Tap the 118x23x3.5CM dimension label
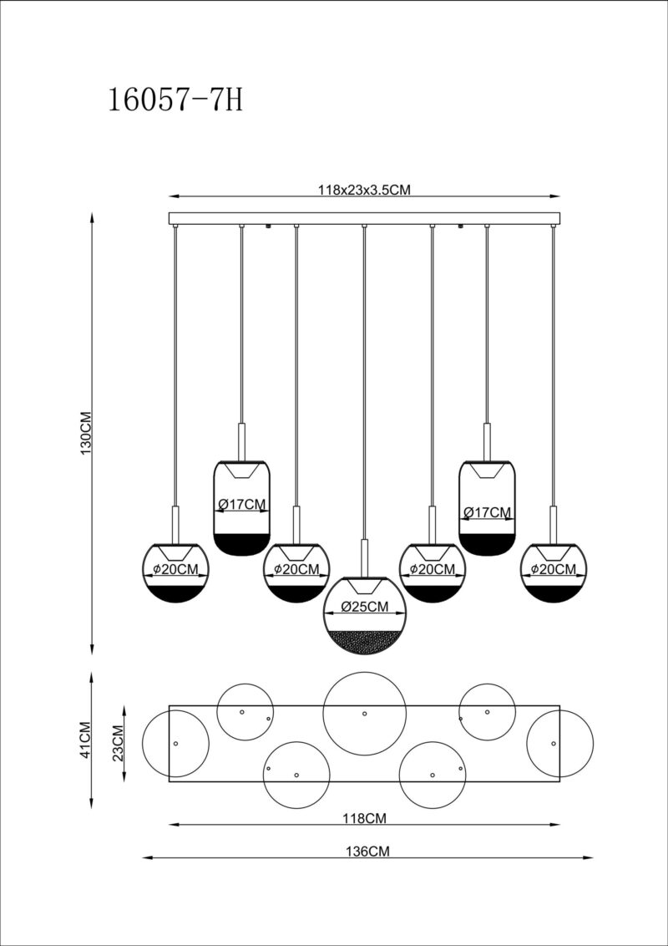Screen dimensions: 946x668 364,190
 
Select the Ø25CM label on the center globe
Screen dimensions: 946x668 364,607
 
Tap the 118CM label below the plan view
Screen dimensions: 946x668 364,820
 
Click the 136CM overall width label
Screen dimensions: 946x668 367,852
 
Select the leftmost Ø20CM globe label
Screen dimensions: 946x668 175,570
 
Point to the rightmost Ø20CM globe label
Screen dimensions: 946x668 553,570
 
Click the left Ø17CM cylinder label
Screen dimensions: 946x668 242,504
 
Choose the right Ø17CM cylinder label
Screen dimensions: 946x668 486,511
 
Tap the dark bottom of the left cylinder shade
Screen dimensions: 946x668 242,543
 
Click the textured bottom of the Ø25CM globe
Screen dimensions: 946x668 364,642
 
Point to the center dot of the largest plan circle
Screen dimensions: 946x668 364,714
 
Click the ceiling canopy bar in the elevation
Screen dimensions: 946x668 364,218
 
